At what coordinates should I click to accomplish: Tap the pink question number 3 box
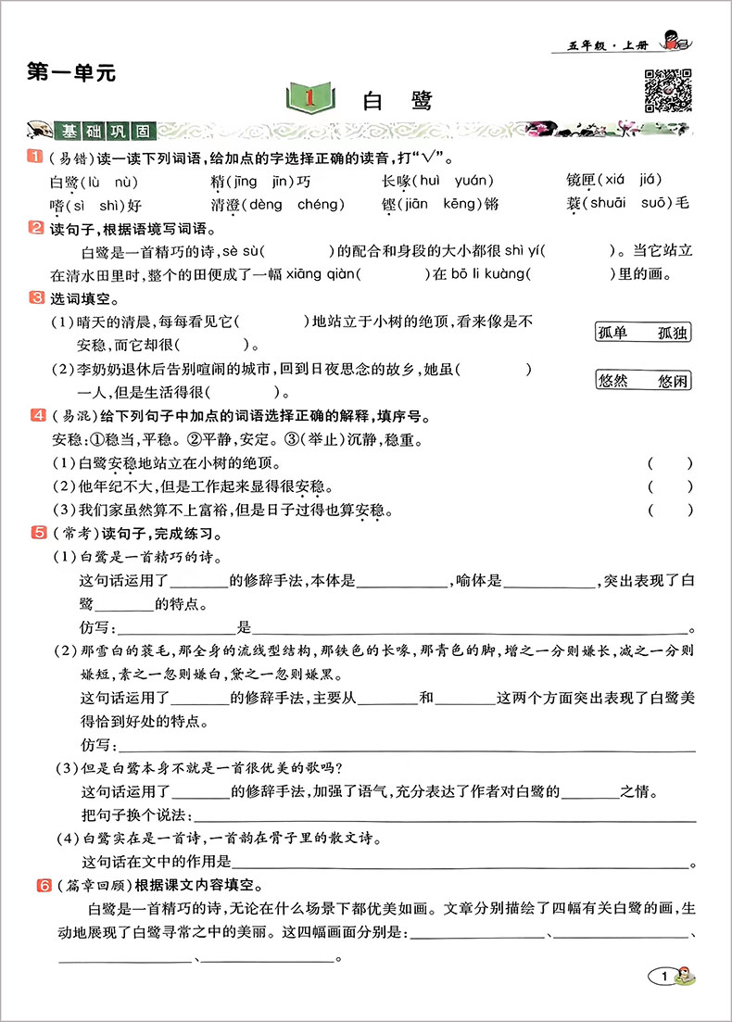(37, 297)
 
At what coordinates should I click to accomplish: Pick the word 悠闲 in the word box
(674, 380)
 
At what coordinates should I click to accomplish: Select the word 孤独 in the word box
(674, 334)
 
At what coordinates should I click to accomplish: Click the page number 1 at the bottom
(663, 976)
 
